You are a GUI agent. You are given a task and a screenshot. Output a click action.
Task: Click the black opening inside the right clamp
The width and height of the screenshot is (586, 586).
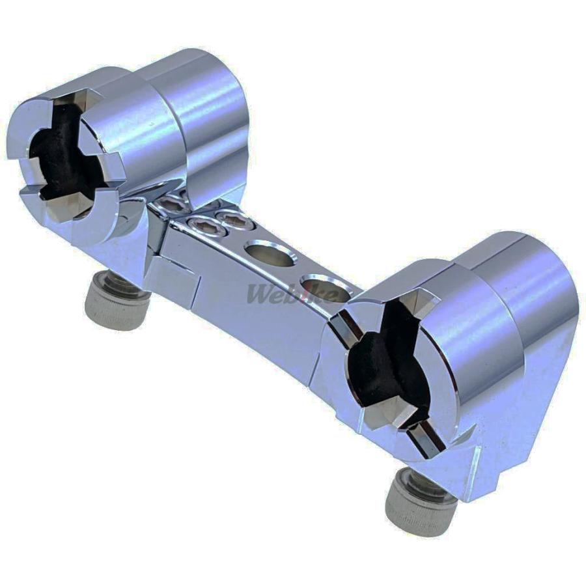pos(385,359)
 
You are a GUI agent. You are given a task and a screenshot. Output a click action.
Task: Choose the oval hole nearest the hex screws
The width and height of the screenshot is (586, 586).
pos(270,254)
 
